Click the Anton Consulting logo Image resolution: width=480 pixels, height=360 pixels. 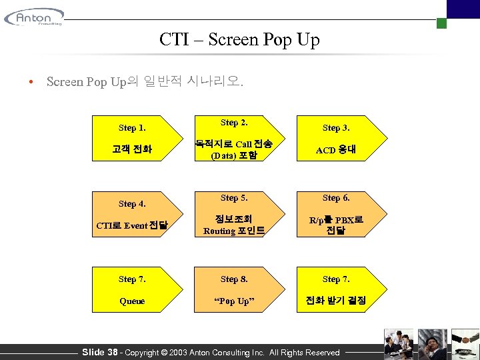point(34,17)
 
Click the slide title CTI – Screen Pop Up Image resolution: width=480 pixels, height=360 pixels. point(239,40)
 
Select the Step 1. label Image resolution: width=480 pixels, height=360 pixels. point(132,128)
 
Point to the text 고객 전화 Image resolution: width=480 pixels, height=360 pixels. point(132,149)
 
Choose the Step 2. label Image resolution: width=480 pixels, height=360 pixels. point(234,123)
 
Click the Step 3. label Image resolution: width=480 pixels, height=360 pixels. point(336,128)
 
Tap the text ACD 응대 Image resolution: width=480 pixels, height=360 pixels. point(336,149)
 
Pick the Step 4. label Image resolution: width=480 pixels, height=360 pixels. point(132,204)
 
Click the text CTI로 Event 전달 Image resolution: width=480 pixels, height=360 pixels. point(132,225)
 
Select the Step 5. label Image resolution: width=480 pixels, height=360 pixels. point(234,198)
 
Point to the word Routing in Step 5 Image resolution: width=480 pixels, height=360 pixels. point(219,231)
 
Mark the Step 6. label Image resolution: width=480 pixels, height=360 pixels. point(336,198)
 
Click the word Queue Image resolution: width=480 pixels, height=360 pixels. point(132,301)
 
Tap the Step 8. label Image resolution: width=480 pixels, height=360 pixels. point(234,279)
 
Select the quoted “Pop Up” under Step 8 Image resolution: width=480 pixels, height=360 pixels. point(234,301)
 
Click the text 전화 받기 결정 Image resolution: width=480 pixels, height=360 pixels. point(336,301)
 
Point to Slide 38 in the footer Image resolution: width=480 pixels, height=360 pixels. point(99,352)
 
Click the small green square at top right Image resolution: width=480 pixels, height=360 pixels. point(441,23)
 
